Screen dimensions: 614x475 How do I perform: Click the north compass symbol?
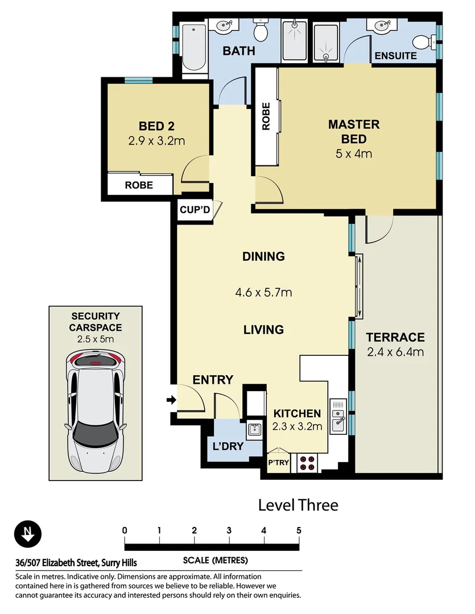(x=27, y=535)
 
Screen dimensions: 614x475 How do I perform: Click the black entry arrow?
(x=170, y=400)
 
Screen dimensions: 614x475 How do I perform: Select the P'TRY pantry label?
(x=279, y=463)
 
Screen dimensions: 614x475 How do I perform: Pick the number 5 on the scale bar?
(x=299, y=530)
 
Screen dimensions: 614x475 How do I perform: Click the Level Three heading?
(x=298, y=505)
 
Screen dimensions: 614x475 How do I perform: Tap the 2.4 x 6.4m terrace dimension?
(x=395, y=352)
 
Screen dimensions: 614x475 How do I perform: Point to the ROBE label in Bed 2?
(x=139, y=185)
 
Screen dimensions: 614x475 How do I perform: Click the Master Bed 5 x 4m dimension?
(x=354, y=153)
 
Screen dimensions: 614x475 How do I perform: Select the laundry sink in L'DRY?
(x=255, y=429)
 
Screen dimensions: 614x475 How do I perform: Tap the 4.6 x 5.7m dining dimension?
(x=263, y=293)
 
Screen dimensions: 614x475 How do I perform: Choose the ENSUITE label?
(x=395, y=56)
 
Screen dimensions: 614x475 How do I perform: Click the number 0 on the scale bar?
(x=125, y=530)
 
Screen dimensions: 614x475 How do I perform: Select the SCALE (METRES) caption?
(x=215, y=560)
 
